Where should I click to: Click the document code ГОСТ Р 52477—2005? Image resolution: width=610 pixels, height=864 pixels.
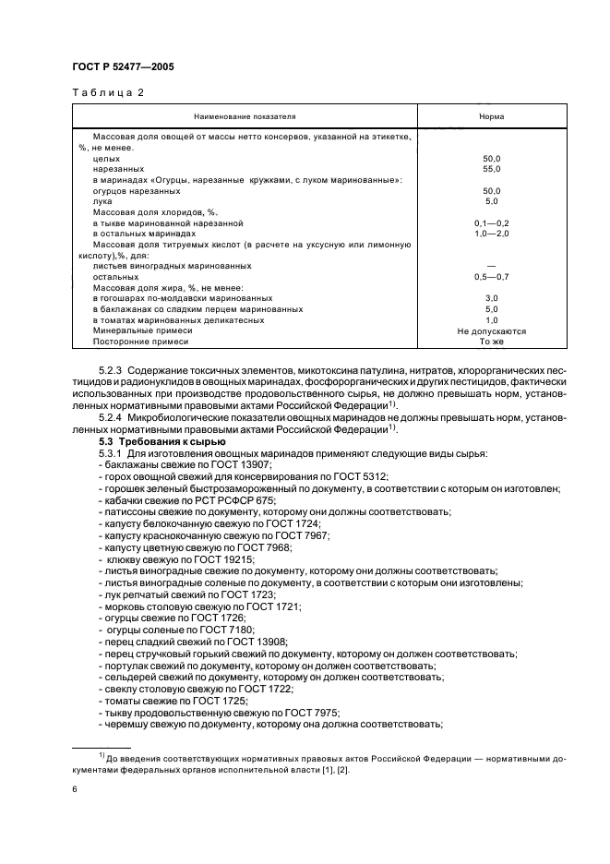coord(123,67)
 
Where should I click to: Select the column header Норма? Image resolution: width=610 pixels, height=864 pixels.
coord(490,117)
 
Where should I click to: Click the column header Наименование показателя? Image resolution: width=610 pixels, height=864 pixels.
coord(245,117)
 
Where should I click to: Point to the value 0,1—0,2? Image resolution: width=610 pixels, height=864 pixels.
coord(491,223)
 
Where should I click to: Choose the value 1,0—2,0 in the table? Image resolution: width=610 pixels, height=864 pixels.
coord(491,234)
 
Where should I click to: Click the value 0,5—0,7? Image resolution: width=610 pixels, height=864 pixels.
coord(491,277)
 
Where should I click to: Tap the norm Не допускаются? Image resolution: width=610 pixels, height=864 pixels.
coord(491,330)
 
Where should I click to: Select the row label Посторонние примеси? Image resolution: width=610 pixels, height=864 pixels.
coord(140,342)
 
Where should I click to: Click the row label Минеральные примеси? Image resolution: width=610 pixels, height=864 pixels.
coord(142,330)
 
